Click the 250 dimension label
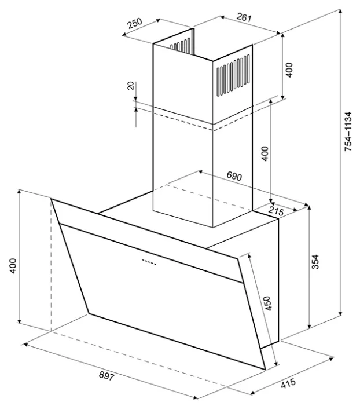click(x=135, y=23)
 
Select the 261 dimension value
click(x=244, y=17)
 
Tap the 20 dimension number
click(x=131, y=86)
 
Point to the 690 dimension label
click(x=234, y=176)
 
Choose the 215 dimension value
click(x=276, y=211)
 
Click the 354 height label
click(x=315, y=262)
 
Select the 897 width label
click(x=106, y=376)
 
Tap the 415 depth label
click(x=288, y=383)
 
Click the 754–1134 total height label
click(x=348, y=131)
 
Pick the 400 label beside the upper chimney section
click(x=289, y=70)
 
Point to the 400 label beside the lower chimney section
click(x=265, y=153)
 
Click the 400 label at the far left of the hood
click(x=13, y=266)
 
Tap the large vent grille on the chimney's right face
click(x=233, y=76)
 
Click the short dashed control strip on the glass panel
click(x=149, y=262)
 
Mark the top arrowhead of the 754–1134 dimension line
click(x=340, y=11)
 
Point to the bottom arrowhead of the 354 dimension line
click(x=308, y=327)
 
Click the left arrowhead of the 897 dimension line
click(x=24, y=345)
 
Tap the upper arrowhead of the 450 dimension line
click(x=249, y=256)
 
